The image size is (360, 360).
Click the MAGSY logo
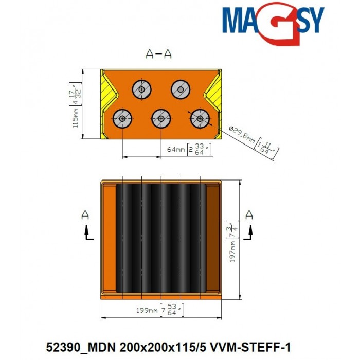[x=273, y=23]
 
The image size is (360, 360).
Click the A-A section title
[x=159, y=54]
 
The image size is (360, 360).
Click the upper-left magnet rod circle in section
[x=141, y=89]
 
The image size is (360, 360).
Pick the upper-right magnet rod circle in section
[x=180, y=89]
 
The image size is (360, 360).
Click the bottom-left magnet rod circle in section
[x=122, y=119]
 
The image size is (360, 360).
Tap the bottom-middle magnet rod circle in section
[x=161, y=119]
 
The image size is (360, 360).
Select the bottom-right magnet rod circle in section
[x=200, y=119]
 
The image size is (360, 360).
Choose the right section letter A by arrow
[x=249, y=214]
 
